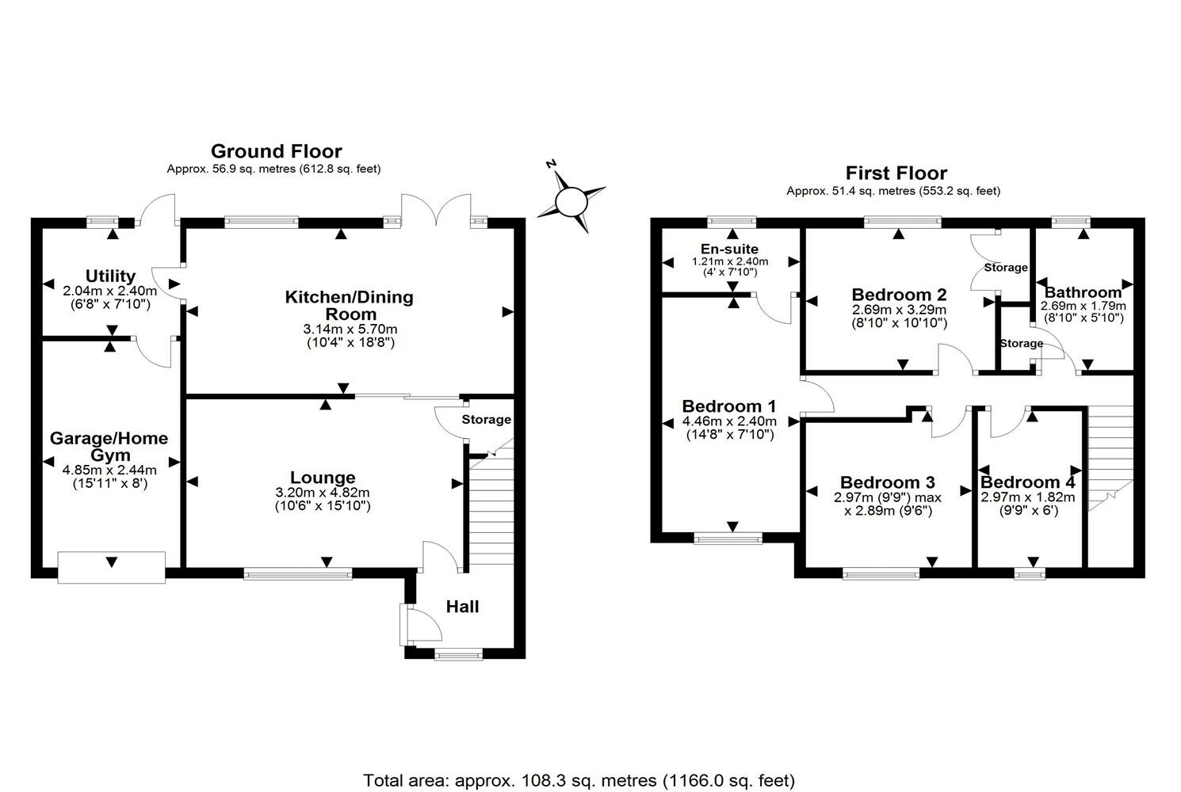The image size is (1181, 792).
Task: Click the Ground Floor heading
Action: [x=276, y=151]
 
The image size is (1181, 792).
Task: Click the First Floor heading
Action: [x=896, y=173]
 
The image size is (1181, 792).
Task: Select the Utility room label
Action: [x=110, y=276]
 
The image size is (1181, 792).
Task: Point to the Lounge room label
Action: [x=323, y=478]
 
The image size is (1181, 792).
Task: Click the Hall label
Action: [x=462, y=607]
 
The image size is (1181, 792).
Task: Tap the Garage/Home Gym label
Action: [x=109, y=447]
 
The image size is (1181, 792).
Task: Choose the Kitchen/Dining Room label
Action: [x=350, y=306]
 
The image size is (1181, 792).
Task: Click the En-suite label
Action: [x=730, y=249]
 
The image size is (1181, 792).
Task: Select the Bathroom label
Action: [x=1083, y=292]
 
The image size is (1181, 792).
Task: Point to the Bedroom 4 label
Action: [x=1028, y=482]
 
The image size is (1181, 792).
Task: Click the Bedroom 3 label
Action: [x=887, y=482]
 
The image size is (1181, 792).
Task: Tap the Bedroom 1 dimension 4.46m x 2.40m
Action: [x=729, y=421]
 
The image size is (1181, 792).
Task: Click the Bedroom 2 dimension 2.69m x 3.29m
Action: [x=899, y=310]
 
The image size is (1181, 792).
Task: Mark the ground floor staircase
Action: [x=491, y=507]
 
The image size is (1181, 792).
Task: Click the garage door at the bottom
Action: [x=112, y=567]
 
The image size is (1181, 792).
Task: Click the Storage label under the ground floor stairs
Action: [x=487, y=420]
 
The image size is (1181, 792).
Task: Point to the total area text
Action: [x=579, y=780]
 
